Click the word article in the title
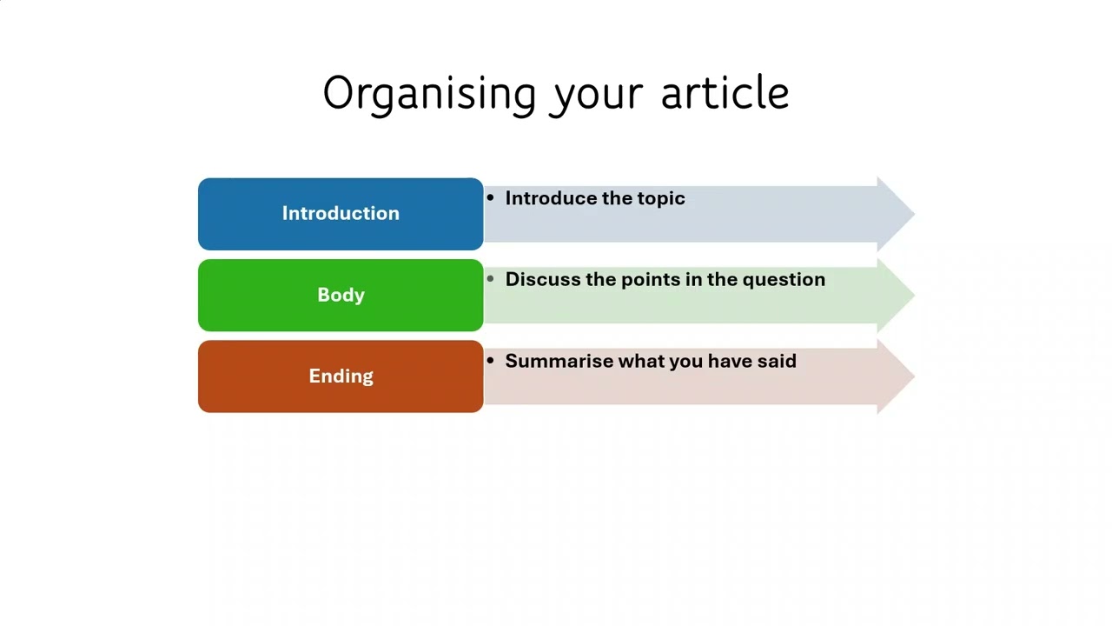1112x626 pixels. click(725, 93)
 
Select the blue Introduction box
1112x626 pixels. click(341, 214)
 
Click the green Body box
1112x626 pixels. click(341, 295)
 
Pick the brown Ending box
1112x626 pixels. click(341, 376)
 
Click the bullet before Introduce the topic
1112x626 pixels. click(491, 198)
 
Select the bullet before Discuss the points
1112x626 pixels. click(491, 279)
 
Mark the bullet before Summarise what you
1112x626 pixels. click(491, 361)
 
